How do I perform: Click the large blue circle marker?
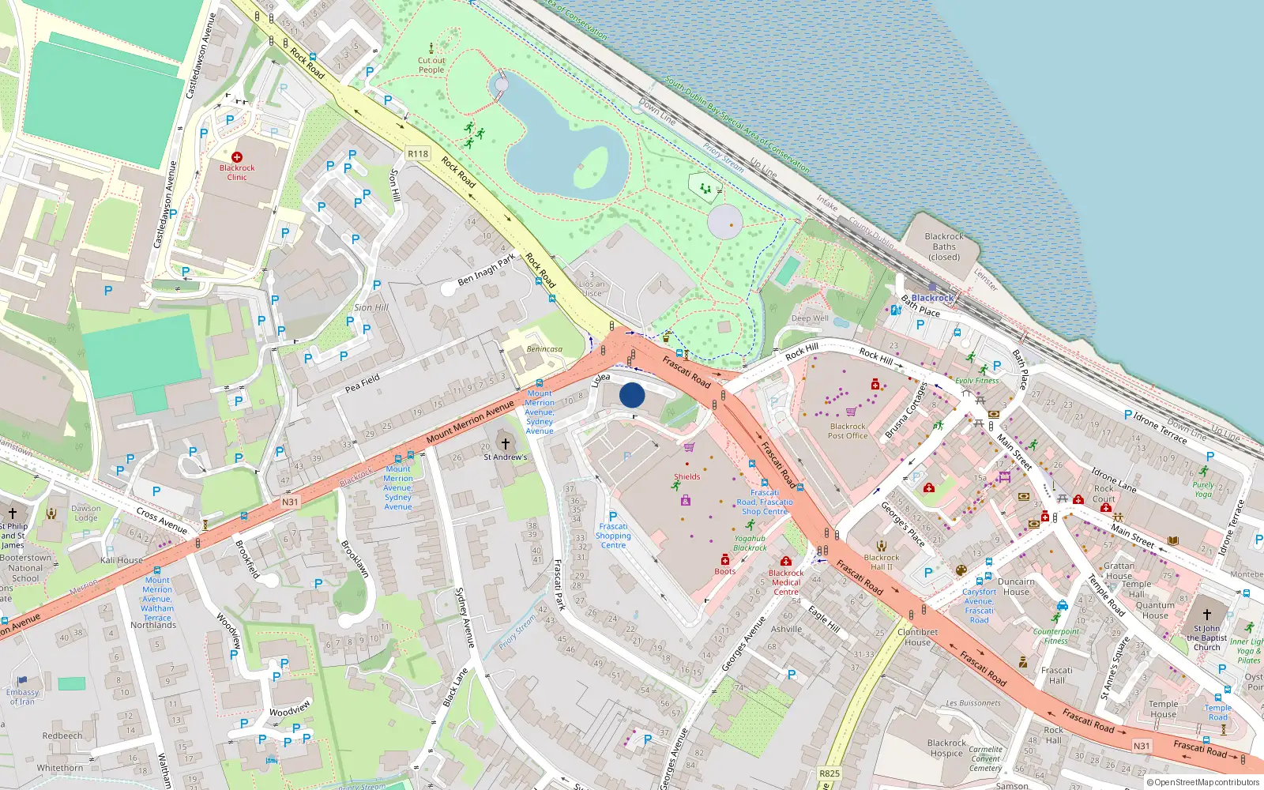coord(632,395)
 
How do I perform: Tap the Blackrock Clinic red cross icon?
coord(237,157)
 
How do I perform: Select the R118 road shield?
coord(418,154)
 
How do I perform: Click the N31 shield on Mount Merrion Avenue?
coord(290,502)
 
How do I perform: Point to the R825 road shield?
coord(829,773)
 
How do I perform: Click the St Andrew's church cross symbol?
coord(506,444)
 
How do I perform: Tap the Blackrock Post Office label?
coord(848,431)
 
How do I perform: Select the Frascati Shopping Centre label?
coord(613,536)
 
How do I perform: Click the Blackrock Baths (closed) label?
coord(944,246)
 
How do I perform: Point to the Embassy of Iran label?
coord(22,697)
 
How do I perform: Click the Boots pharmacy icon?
coord(725,560)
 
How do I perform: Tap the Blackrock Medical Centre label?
coord(786,582)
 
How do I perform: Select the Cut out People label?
coord(431,65)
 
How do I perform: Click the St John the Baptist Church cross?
coord(1207,615)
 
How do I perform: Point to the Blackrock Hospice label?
coord(946,748)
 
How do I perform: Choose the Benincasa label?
coord(544,349)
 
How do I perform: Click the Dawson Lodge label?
coord(85,513)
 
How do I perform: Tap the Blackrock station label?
coord(933,298)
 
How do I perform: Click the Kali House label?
coord(122,560)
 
